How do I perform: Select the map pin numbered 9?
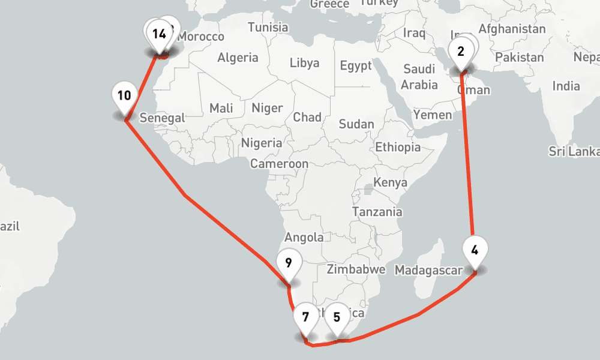click(x=289, y=263)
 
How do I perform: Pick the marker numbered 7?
click(x=305, y=317)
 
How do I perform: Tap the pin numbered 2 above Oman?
click(x=460, y=52)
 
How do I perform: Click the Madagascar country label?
click(x=428, y=271)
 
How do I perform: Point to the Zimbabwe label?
click(x=355, y=269)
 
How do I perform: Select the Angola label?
click(x=304, y=238)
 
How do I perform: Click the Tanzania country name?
click(x=377, y=212)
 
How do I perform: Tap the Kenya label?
click(x=390, y=182)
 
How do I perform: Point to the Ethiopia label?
click(x=398, y=147)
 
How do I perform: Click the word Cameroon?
click(x=279, y=164)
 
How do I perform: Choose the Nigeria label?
click(x=261, y=143)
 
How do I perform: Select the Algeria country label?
click(x=238, y=58)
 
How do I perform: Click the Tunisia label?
click(x=268, y=28)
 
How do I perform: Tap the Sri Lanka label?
click(x=574, y=151)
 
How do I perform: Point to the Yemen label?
click(x=433, y=115)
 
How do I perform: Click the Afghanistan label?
click(x=512, y=29)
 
